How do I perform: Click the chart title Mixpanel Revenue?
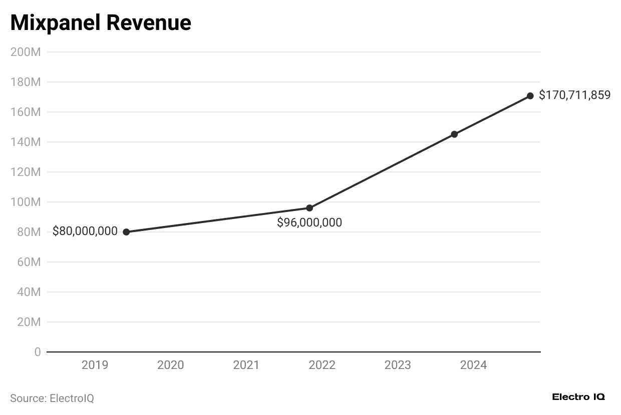coord(100,23)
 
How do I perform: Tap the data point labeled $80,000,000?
coord(126,232)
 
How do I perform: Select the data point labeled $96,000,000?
coord(309,208)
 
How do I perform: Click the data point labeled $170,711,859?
coord(530,95)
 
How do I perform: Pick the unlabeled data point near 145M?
coord(454,134)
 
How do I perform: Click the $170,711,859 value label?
coord(574,95)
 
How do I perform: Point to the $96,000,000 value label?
coord(309,223)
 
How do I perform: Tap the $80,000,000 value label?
coord(85,231)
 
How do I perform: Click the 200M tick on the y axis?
coord(26,52)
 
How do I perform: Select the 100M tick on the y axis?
coord(26,202)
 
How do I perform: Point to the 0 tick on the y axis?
coord(38,352)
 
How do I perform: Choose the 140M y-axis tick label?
coord(26,142)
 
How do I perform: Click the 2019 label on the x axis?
coord(95,365)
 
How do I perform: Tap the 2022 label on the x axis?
coord(322,365)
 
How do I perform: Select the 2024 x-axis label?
coord(473,365)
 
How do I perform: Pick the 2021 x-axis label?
coord(246,365)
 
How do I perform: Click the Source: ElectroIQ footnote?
coord(52,398)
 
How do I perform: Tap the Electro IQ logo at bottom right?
coord(578,397)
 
